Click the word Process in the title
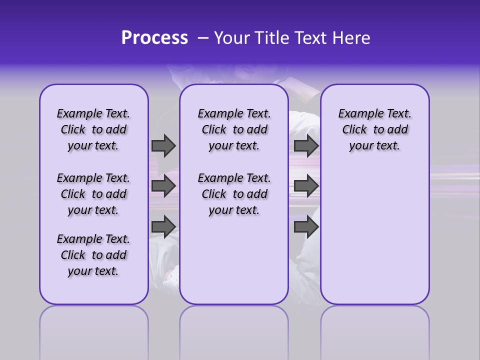point(154,38)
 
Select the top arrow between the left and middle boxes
point(163,145)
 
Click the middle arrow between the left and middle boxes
point(163,186)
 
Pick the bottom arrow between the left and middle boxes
point(163,227)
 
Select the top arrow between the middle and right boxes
point(306,145)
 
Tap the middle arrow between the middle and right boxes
point(306,186)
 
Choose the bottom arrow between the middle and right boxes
point(306,227)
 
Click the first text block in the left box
point(93,129)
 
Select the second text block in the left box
point(93,194)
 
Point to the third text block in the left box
point(93,255)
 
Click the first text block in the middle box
point(234,129)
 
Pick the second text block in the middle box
point(234,194)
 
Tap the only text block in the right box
point(374,129)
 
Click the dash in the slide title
point(203,38)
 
